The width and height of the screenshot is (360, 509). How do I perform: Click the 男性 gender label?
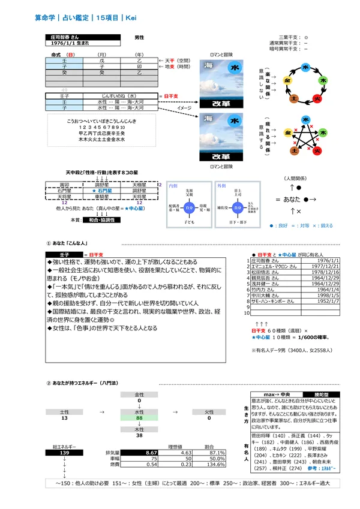(x=139, y=37)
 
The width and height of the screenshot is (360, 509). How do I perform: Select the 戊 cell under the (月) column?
(x=102, y=61)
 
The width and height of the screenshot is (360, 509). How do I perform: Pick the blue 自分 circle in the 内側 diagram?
(x=188, y=207)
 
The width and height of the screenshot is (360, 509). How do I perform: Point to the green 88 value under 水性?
(x=139, y=418)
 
